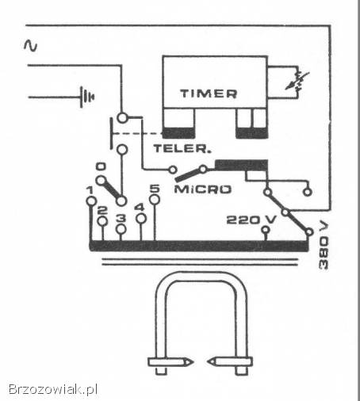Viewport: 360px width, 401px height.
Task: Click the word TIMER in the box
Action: [209, 94]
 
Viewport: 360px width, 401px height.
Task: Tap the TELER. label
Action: [182, 149]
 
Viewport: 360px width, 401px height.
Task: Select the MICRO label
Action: [203, 189]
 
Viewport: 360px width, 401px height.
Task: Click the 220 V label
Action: [251, 220]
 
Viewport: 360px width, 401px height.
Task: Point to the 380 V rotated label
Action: [324, 246]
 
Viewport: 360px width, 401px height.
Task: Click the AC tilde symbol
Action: [31, 45]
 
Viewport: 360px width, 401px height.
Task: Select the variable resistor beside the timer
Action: [297, 81]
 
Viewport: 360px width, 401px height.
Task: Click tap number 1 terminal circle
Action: [91, 201]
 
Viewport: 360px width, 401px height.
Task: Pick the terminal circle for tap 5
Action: [155, 200]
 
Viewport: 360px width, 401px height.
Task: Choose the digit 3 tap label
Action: [121, 218]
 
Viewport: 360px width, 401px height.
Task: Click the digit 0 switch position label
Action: [101, 166]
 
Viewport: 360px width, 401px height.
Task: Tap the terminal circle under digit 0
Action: [101, 181]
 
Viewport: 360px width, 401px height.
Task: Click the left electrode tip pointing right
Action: [193, 177]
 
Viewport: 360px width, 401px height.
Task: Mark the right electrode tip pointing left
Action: [208, 177]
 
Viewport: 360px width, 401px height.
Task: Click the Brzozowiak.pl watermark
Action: [53, 389]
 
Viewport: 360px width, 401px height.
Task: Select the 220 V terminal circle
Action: [266, 230]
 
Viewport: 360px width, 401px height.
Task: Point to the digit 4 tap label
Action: [140, 208]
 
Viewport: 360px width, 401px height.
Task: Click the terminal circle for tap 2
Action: [102, 221]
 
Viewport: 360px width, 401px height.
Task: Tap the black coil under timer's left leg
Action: [178, 133]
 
